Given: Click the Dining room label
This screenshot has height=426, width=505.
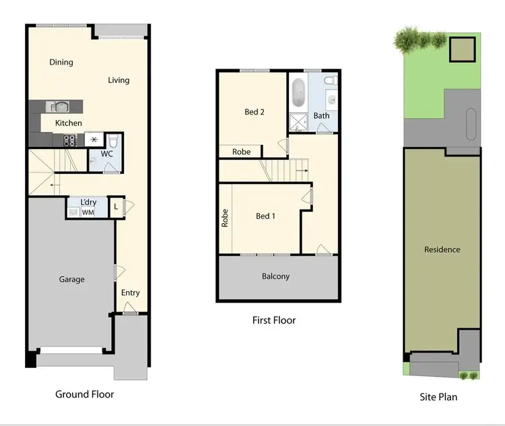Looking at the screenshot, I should [61, 63].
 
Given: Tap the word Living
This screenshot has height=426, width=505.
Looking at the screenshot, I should [119, 80].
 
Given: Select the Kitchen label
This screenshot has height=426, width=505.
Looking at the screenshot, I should [69, 123].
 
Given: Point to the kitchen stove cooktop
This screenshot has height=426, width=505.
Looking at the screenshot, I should [70, 141].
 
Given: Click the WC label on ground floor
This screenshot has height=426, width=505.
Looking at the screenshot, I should [106, 154].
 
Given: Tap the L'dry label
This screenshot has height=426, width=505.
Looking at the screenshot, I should [88, 202].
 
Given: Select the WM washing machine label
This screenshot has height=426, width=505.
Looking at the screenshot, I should [88, 212].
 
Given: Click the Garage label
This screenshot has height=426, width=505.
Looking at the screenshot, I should [71, 279].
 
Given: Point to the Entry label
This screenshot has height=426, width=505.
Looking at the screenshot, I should [131, 293].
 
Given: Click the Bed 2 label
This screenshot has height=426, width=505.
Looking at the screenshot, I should [254, 112].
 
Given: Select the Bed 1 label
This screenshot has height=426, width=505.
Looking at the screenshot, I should [265, 216].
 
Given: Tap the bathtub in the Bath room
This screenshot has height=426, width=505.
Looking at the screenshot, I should [299, 95].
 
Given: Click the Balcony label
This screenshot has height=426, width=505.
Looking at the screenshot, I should [276, 276].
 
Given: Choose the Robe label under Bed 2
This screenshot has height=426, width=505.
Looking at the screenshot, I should [241, 152].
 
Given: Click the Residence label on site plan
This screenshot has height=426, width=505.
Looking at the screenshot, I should [442, 249].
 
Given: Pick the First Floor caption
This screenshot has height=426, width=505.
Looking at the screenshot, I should [274, 320].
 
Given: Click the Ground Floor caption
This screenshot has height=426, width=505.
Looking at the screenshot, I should [85, 394].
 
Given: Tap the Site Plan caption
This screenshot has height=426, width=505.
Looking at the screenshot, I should [438, 397].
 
